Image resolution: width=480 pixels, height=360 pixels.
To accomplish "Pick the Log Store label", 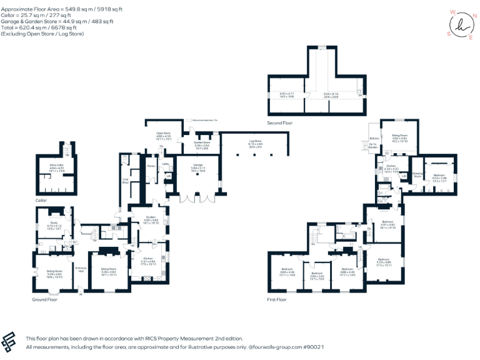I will [255, 142].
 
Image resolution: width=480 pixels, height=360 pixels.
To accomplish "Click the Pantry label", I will [151, 166].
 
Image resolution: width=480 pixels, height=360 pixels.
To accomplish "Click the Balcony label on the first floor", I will [374, 138].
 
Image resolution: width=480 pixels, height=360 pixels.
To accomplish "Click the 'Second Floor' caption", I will [279, 123].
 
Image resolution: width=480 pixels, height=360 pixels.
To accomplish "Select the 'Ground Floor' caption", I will [44, 299].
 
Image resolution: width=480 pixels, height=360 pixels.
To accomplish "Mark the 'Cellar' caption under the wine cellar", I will [41, 201].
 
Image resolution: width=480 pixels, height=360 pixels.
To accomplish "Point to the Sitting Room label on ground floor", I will [54, 271].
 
